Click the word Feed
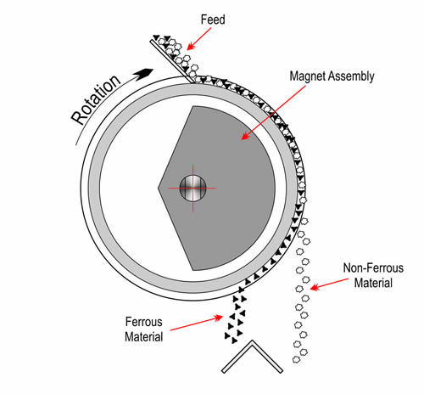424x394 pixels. point(213,20)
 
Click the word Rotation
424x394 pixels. point(96,99)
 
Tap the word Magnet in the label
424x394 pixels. point(307,76)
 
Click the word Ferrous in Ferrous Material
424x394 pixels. point(144,322)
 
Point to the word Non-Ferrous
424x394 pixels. point(373,267)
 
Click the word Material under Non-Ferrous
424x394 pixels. point(373,283)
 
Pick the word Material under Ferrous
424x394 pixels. point(144,337)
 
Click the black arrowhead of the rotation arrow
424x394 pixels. point(143,74)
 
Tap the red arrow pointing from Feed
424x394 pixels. point(199,39)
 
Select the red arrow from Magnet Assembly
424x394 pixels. point(273,112)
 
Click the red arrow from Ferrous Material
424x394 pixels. point(197,323)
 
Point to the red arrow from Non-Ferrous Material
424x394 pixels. point(329,284)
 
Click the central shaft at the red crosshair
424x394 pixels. point(193,189)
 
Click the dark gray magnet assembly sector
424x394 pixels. point(226,189)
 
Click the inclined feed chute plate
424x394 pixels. point(172,61)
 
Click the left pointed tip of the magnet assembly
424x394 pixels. point(158,189)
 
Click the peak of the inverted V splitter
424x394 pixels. point(252,341)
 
